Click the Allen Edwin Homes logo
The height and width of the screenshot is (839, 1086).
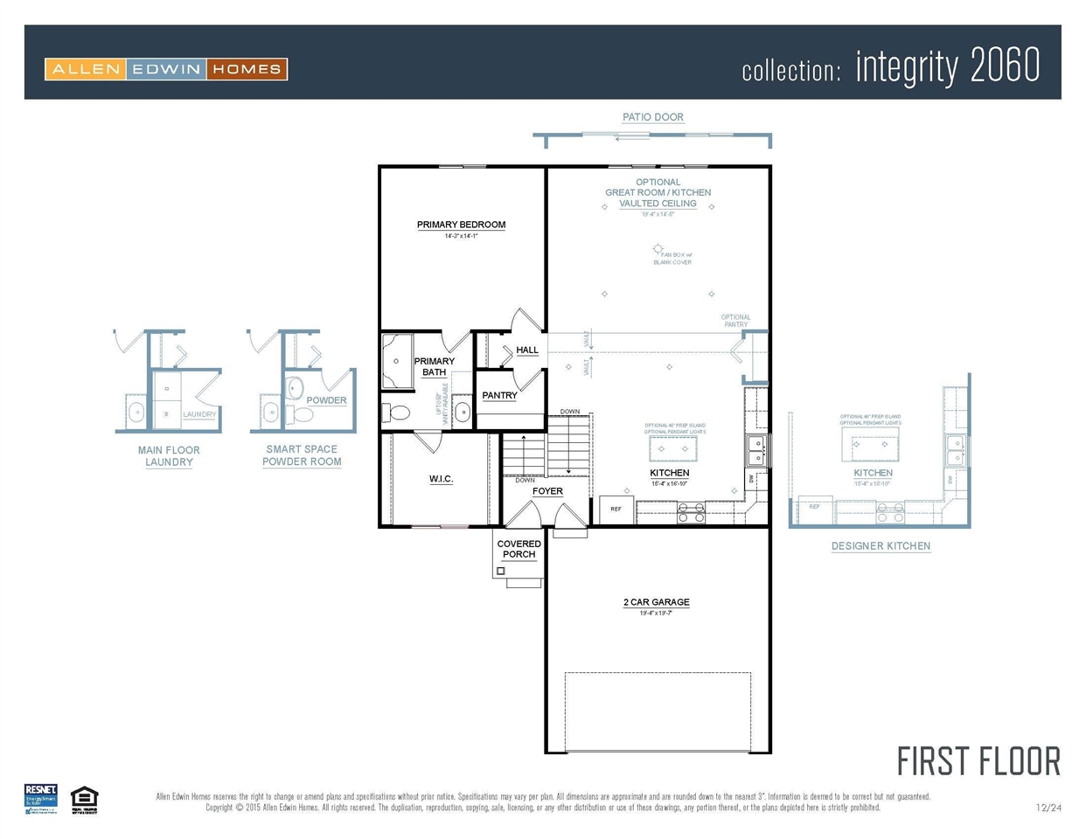coord(166,69)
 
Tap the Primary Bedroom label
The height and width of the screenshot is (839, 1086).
coord(461,225)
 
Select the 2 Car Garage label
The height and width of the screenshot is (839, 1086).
coord(656,602)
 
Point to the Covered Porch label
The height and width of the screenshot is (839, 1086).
coord(519,549)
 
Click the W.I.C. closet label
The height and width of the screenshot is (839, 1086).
coord(441,479)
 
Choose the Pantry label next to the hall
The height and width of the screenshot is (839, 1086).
coord(499,396)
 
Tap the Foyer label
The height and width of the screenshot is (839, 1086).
coord(547,491)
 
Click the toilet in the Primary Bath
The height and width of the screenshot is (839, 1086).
coord(398,412)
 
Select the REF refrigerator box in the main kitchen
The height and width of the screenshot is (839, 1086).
coord(616,509)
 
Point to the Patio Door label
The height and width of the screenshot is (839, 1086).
coord(652,117)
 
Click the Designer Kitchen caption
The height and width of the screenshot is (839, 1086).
coord(881,546)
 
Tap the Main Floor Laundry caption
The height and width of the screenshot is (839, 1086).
coord(169,456)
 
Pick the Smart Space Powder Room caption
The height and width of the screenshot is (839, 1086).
coord(302,455)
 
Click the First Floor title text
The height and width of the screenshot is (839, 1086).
coord(978,761)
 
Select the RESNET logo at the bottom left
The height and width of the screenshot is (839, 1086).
coord(40,799)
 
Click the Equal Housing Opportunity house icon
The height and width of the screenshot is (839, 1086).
coord(84,799)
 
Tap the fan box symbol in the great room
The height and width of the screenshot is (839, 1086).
coord(658,249)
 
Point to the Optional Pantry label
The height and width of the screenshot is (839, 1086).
coord(735,321)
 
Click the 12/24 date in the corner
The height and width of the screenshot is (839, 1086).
coord(1048,808)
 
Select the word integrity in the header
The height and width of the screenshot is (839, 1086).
coord(907,67)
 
